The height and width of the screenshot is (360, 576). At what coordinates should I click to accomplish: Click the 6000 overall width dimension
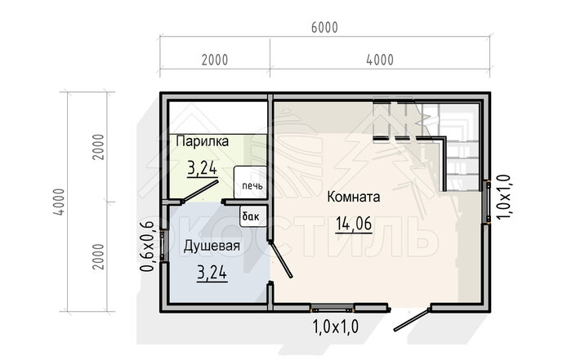point(324,28)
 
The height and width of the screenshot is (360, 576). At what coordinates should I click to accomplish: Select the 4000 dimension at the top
point(380,60)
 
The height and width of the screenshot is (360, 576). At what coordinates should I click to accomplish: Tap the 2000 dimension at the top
point(215,60)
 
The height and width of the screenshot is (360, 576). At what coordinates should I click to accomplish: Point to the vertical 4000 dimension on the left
point(59,202)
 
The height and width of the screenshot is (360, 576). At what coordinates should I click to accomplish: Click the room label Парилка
point(203,141)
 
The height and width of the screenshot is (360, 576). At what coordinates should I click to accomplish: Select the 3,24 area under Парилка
point(202,169)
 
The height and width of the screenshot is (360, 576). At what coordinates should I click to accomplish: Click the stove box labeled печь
point(251,182)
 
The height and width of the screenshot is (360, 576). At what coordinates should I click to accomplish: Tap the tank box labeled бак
point(252,216)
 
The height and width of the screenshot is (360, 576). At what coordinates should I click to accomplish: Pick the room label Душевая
point(212,246)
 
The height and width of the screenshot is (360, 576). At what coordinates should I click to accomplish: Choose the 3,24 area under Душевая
point(212,273)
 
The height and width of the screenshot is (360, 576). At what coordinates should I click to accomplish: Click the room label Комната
point(354,197)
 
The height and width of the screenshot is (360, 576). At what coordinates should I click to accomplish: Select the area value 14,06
point(354,224)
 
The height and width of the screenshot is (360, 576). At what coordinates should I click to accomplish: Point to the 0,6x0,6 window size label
point(148,247)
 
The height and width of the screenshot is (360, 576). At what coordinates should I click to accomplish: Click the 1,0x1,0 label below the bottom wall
point(335,327)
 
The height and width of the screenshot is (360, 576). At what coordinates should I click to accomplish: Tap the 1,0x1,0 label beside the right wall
point(503,197)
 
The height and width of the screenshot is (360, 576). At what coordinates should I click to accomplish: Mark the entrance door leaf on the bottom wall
point(412,320)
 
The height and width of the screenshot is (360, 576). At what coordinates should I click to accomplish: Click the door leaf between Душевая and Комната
point(281,260)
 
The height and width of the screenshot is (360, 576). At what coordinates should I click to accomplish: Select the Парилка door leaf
point(200,191)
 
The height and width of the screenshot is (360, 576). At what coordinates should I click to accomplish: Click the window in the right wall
point(489,202)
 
